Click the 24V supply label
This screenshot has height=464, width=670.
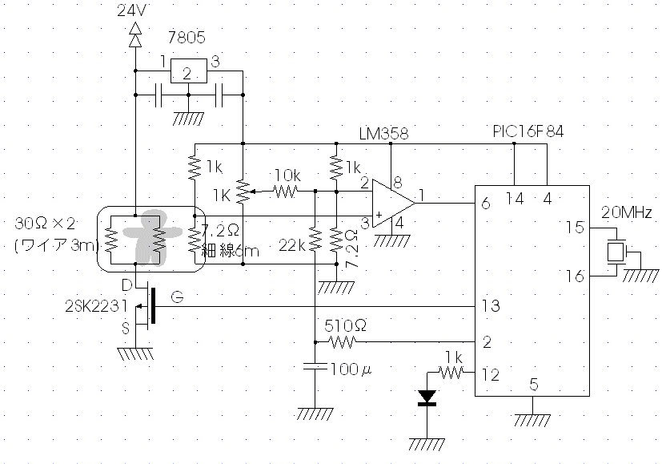132,10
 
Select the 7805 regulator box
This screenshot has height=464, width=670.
188,71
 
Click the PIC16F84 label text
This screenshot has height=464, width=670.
528,131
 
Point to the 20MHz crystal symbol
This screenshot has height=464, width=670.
616,252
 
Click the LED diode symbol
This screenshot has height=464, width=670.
427,397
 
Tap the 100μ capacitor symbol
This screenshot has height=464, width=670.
315,366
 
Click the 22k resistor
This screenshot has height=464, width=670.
315,240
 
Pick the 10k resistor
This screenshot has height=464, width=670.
286,192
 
